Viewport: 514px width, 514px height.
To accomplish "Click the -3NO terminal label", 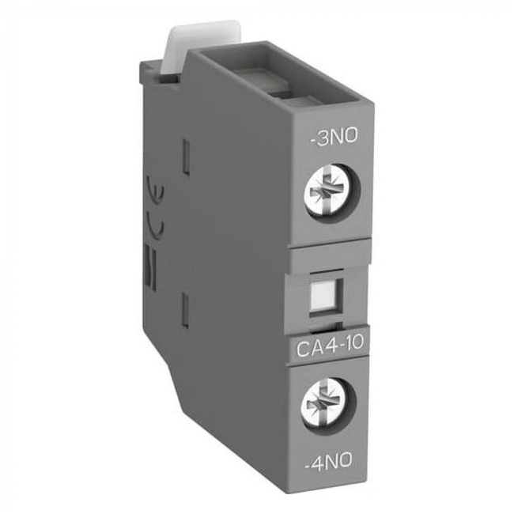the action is coord(334,136).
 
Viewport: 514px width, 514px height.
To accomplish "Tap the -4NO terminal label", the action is coord(328,460).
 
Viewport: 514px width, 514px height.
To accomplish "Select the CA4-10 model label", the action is coord(330,342).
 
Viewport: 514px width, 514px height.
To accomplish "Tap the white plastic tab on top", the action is coord(202,46).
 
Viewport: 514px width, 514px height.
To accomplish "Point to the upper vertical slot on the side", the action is coord(186,156).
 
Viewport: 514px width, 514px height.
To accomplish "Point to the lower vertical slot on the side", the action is coord(186,310).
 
